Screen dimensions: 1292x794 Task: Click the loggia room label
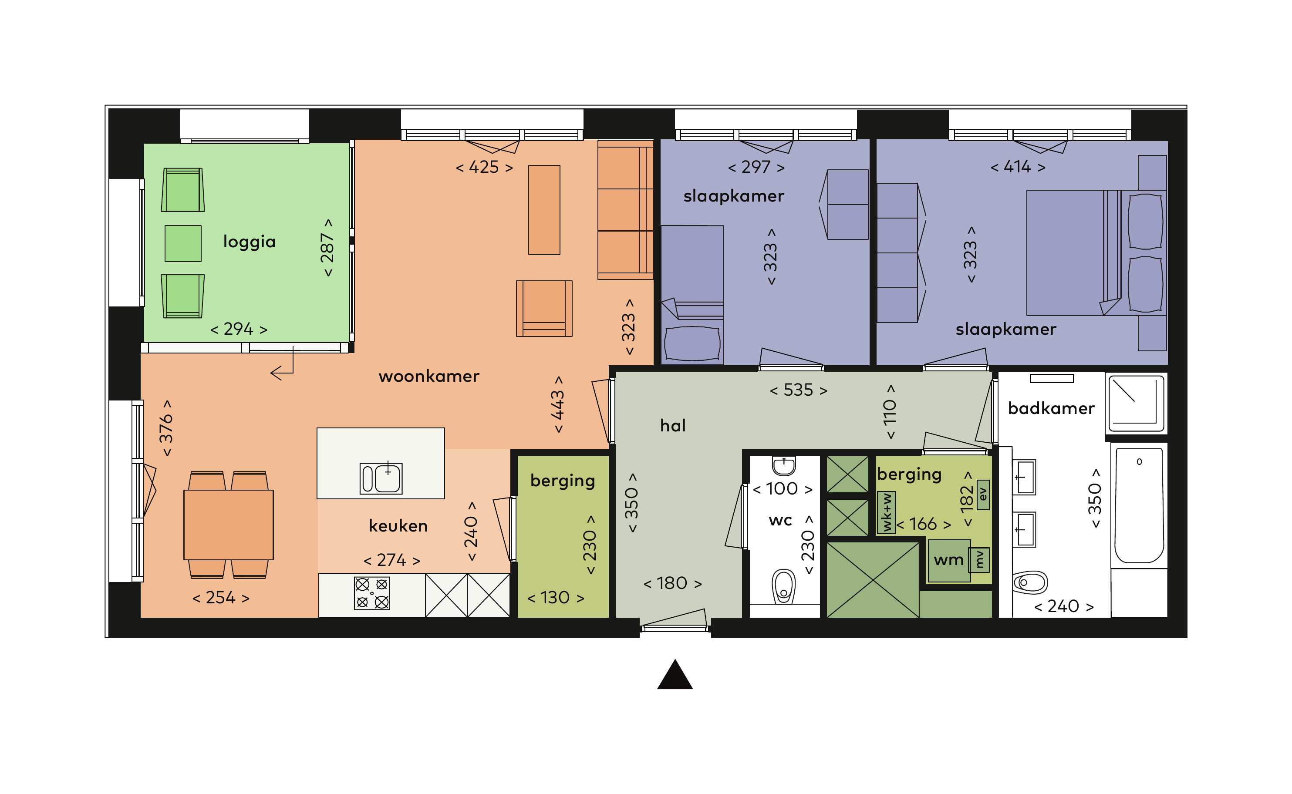coord(249,242)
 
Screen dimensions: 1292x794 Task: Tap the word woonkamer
coord(428,376)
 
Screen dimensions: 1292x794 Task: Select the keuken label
coord(398,526)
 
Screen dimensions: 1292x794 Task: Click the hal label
coord(673,425)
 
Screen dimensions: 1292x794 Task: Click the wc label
coord(780,520)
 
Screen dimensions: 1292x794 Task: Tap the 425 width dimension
coord(484,167)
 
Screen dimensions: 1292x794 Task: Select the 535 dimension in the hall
coord(798,390)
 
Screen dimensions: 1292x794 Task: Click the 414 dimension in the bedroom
coord(1018,166)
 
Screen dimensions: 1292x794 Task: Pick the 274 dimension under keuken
coord(392,560)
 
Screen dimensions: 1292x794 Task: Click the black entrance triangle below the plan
coord(675,674)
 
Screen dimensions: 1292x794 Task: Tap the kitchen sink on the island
coord(381,478)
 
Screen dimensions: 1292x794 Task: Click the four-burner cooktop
coord(372,593)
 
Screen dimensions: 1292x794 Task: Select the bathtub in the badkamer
coord(1139,505)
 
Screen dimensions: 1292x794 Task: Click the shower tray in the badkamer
coord(1136,402)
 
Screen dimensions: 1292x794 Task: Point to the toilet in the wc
coord(783,586)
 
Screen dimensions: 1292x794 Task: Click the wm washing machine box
coord(949,561)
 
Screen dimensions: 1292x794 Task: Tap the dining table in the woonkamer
coord(229,525)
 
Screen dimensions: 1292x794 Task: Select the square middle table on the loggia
coord(183,244)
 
